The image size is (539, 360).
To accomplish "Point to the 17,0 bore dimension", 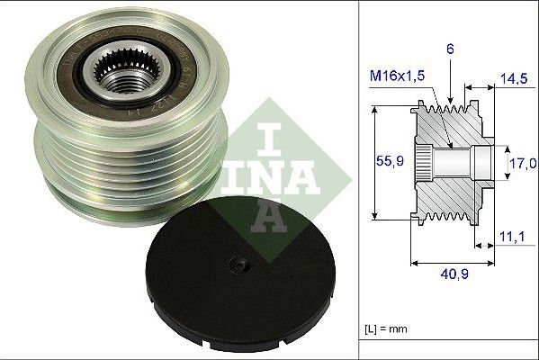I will [523, 164].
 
